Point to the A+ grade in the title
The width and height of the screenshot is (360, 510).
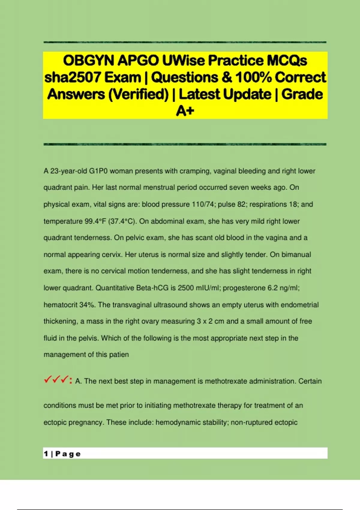coord(185,111)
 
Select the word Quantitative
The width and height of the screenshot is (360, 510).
coord(115,288)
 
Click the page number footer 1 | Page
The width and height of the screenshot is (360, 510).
coord(62,454)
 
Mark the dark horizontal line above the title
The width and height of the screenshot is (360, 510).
coord(185,42)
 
